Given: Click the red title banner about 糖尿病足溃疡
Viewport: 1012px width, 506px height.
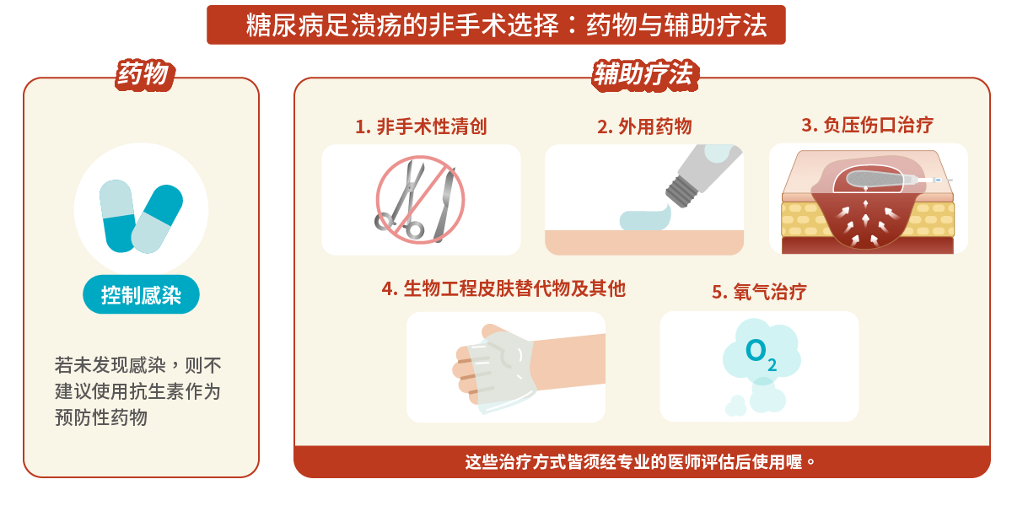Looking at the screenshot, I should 496,25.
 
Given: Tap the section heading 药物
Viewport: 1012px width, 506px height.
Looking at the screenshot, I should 143,76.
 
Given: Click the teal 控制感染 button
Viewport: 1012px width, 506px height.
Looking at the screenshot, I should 141,295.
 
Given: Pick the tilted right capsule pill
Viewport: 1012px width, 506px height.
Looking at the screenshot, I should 158,218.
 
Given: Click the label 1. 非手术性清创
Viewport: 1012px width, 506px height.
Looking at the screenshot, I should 421,126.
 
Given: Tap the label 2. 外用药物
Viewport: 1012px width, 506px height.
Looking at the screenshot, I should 644,126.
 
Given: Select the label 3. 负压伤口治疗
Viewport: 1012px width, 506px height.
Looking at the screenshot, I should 867,125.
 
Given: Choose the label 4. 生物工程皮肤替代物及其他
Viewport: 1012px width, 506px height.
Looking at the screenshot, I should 503,288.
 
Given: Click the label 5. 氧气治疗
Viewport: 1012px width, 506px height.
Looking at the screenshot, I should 759,292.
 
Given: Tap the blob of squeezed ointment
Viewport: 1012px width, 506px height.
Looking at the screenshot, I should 644,219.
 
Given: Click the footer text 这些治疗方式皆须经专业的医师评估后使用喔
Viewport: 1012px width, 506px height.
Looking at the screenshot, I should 641,462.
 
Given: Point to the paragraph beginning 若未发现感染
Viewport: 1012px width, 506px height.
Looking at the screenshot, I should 138,391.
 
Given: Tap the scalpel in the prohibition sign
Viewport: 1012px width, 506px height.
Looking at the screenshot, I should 442,202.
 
